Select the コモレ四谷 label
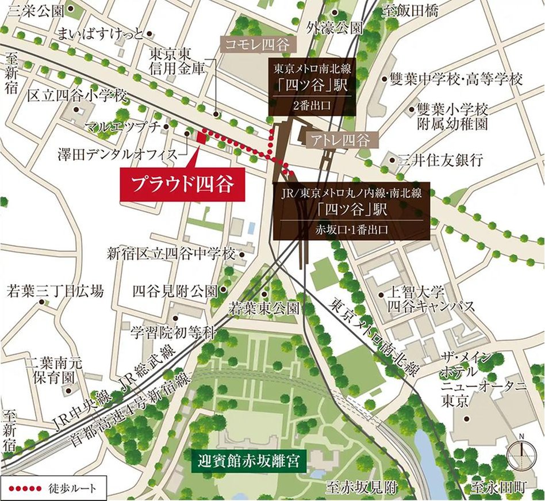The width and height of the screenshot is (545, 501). point(256,44)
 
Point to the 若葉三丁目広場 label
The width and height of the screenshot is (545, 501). point(55,291)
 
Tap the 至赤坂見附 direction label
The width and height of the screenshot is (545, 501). point(360,488)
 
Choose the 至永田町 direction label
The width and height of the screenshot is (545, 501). point(498,488)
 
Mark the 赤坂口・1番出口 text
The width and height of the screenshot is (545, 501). point(351,229)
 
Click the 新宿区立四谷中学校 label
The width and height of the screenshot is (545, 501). point(171,253)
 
